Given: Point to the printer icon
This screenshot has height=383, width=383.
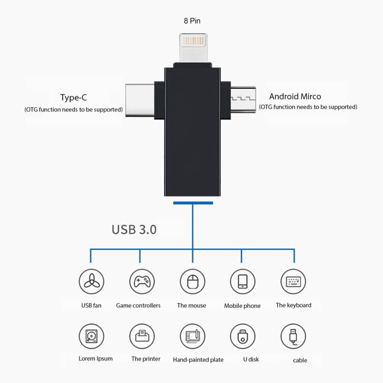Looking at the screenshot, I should click(x=141, y=337).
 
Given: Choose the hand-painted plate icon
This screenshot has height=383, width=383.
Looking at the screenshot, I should click(x=192, y=337).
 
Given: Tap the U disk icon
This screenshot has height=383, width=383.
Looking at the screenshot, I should click(x=242, y=337).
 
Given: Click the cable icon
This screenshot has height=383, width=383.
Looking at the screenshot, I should click(x=293, y=337).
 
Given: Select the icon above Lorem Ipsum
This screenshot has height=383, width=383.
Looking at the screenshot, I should click(x=91, y=337).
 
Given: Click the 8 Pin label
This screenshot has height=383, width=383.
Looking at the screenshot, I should click(x=192, y=21).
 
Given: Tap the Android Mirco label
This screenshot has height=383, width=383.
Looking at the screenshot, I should click(x=295, y=96).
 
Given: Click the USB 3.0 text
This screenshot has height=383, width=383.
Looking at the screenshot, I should click(x=134, y=229).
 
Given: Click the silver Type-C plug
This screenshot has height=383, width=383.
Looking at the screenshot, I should click(x=139, y=100).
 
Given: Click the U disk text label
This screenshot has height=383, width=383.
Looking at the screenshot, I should click(x=251, y=360).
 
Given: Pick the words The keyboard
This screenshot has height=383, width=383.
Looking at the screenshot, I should click(x=293, y=305).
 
